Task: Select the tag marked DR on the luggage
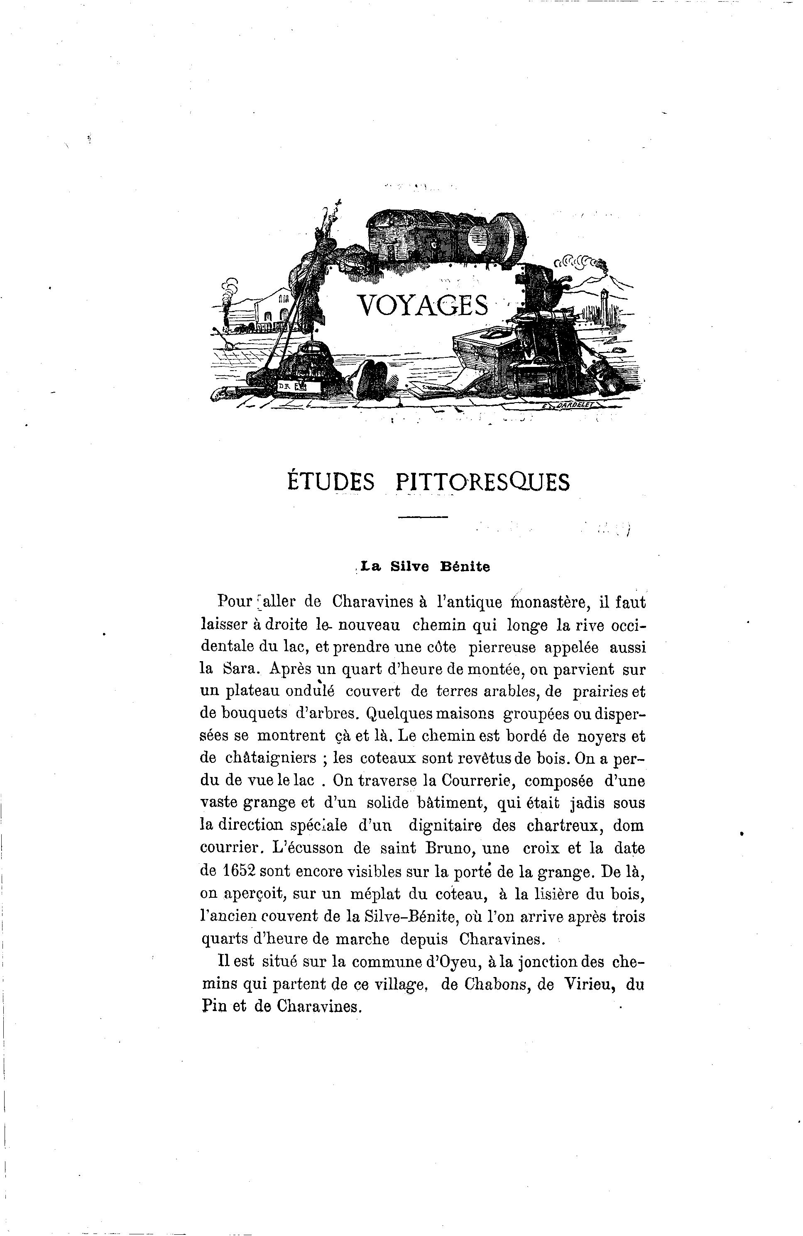coord(285,386)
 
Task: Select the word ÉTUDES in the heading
coord(331,482)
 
